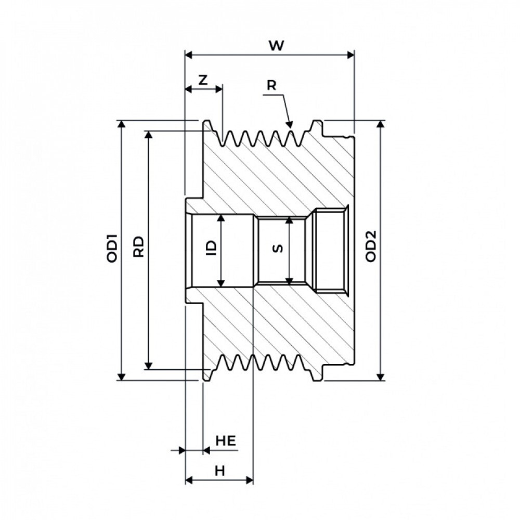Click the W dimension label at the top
276,45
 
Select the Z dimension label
203,80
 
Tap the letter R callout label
271,86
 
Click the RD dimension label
139,246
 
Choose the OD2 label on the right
371,246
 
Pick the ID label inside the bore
211,248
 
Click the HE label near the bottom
226,441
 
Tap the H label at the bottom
220,471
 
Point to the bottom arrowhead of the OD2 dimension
381,376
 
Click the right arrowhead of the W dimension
350,55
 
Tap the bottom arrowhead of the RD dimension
149,365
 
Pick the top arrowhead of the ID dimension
221,218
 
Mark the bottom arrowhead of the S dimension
290,281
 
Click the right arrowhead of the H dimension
249,480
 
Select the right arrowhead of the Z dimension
218,89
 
